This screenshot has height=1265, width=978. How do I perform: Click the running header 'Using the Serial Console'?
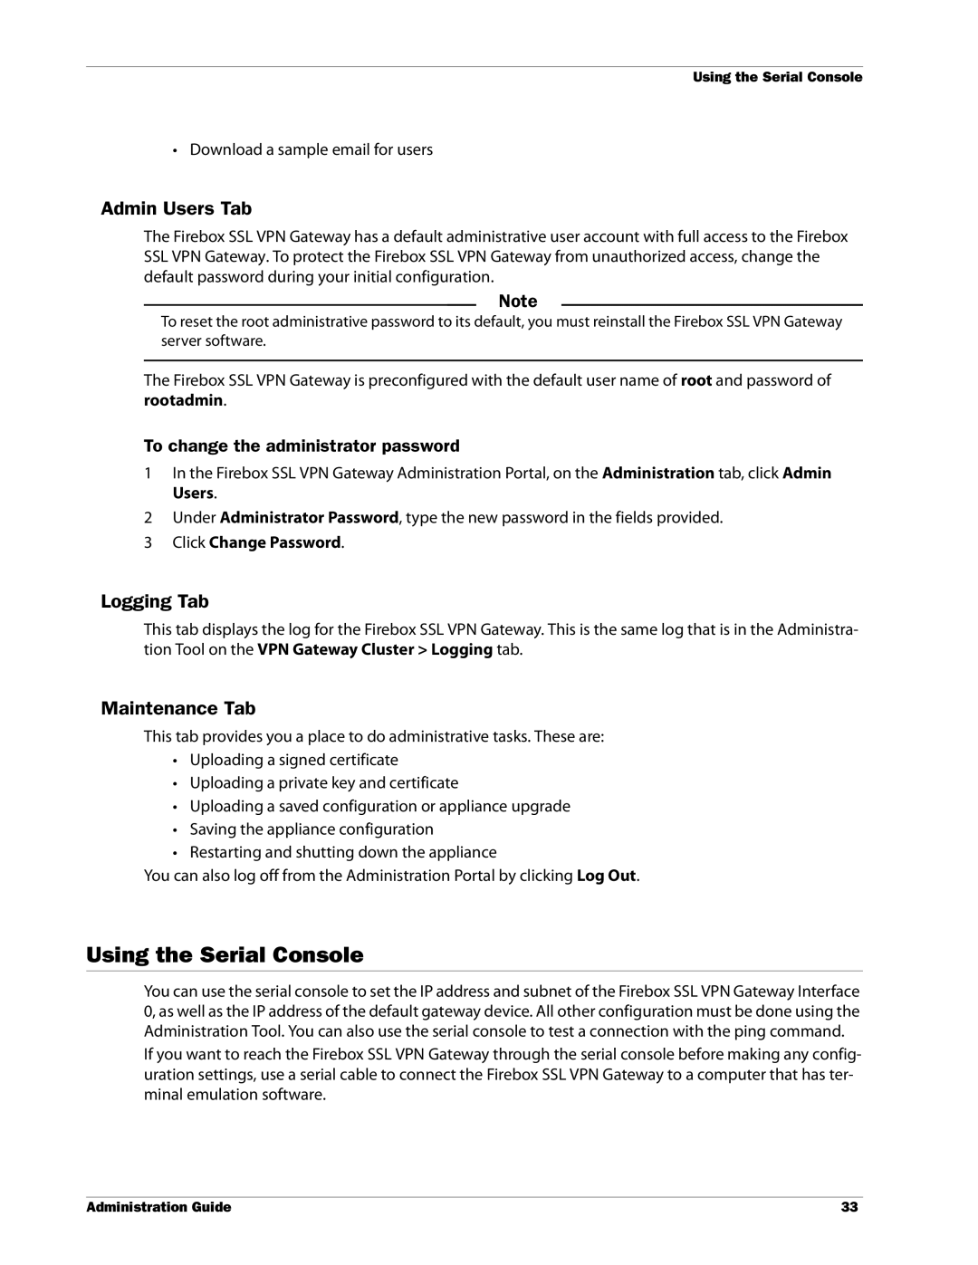[777, 78]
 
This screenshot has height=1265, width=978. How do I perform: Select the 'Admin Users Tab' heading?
[176, 209]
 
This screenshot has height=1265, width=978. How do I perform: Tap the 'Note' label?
[518, 302]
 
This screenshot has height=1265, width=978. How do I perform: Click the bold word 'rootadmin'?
[185, 400]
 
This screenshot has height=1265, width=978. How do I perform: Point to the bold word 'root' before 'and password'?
[696, 380]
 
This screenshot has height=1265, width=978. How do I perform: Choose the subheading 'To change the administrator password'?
[302, 446]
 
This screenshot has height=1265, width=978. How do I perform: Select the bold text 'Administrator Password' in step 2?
[309, 518]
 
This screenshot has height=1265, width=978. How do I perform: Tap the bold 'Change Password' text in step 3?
[275, 542]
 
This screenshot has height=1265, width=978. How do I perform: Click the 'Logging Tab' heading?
[155, 602]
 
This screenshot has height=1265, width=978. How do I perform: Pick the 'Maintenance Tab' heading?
[177, 708]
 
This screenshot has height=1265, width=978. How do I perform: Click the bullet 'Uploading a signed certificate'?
[293, 760]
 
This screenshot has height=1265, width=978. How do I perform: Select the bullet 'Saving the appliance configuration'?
[312, 829]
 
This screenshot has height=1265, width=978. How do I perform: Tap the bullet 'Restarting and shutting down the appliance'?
[343, 852]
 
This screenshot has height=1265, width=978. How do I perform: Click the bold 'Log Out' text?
[606, 876]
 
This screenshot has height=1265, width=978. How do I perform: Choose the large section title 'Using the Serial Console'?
[225, 954]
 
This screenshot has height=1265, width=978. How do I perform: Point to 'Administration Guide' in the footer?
[159, 1207]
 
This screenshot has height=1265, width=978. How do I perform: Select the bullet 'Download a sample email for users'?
[311, 149]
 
